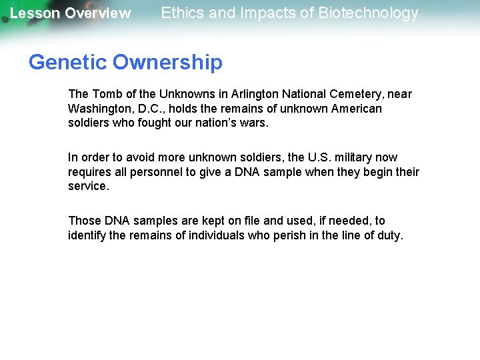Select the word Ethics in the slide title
click(x=182, y=13)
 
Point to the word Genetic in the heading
click(x=67, y=63)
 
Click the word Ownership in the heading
click(x=167, y=63)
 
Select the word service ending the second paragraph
click(x=87, y=186)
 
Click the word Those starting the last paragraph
click(x=85, y=221)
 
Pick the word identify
click(x=87, y=235)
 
